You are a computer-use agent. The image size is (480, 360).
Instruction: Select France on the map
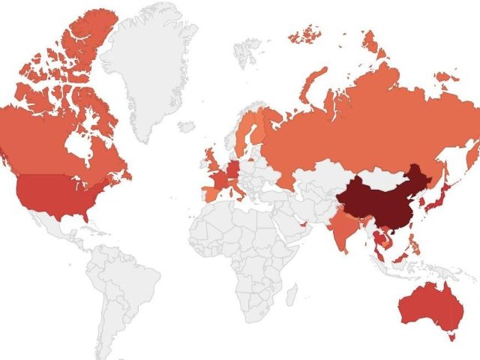coord(218,181)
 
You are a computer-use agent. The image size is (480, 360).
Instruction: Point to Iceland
coord(187,126)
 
